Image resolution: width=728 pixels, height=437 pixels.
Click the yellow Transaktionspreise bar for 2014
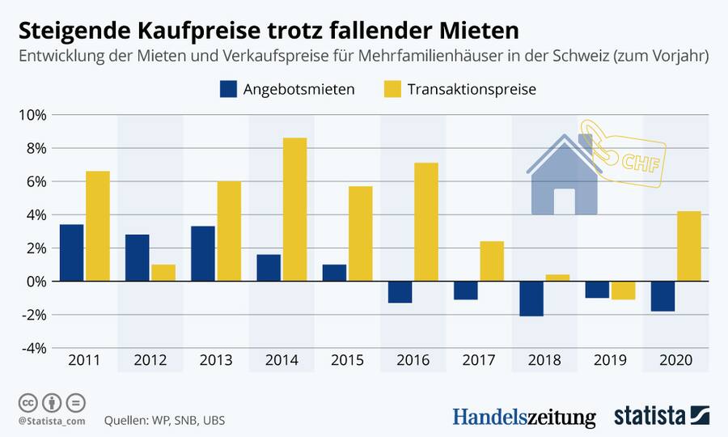[x=294, y=210]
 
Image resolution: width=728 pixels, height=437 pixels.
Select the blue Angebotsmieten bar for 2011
[x=71, y=252]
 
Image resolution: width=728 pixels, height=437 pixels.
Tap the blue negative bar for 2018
[x=531, y=299]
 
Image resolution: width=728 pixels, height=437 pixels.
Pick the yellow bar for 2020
[x=688, y=246]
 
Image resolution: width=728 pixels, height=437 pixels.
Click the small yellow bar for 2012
[x=163, y=273]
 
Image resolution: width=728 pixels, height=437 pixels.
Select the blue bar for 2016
[x=400, y=292]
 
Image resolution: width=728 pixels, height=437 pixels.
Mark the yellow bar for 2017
[x=491, y=261]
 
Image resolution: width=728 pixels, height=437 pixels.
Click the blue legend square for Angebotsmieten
[x=227, y=89]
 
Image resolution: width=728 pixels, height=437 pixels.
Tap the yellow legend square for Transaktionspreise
[x=392, y=89]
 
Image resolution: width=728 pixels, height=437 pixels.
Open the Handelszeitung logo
[x=523, y=417]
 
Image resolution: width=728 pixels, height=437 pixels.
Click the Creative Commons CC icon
[x=28, y=401]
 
